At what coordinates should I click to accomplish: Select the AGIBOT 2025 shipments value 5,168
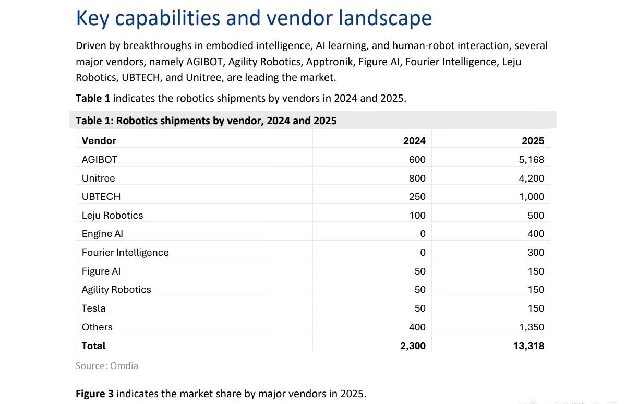[531, 160]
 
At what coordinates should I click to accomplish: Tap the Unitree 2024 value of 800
[417, 179]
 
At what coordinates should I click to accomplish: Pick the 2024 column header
[414, 140]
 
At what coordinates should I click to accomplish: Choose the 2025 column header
[533, 140]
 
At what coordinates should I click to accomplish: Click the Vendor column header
[99, 140]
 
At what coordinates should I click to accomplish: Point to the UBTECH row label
[101, 197]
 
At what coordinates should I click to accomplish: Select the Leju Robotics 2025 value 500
[535, 216]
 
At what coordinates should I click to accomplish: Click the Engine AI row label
[102, 234]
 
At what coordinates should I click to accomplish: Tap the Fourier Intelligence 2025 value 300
[535, 253]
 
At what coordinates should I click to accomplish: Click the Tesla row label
[93, 308]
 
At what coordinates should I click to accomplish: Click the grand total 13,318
[528, 346]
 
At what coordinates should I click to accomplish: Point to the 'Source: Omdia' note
[107, 366]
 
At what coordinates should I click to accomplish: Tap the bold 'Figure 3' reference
[94, 394]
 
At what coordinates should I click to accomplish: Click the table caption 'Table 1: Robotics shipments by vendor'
[206, 121]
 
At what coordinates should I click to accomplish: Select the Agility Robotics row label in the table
[116, 290]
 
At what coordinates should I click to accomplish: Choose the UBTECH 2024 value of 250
[417, 197]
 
